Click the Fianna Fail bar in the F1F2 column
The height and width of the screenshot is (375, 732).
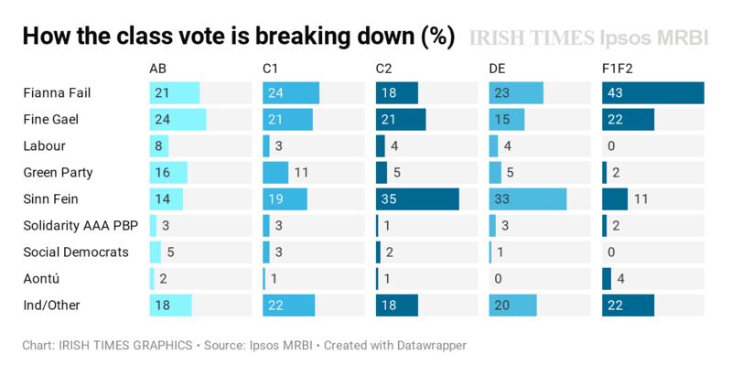[x=653, y=93]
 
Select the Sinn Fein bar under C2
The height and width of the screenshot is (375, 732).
[x=417, y=199]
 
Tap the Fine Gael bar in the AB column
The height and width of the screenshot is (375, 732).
[x=178, y=120]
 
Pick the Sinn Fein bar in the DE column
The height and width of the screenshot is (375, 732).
[x=528, y=199]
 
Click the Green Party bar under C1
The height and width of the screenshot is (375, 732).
[x=274, y=173]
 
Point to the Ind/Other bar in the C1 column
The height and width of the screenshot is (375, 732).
[x=288, y=305]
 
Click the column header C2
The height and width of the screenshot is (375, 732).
[x=385, y=69]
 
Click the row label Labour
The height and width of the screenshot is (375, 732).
[x=44, y=146]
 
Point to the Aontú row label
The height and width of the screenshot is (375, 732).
[x=41, y=279]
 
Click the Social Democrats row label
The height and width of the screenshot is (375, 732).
[x=75, y=252]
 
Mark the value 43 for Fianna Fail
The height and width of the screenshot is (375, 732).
[x=618, y=93]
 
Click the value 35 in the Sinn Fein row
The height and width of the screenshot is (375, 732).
[x=391, y=199]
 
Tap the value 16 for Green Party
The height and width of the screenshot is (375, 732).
[x=164, y=173]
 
